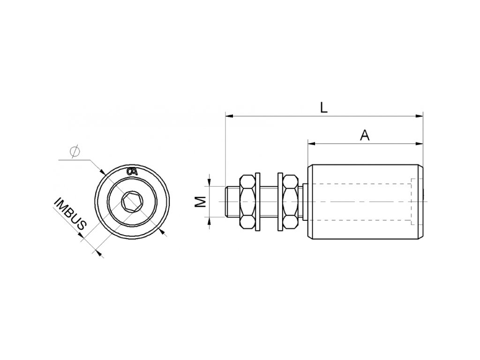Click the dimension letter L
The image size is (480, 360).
point(323,107)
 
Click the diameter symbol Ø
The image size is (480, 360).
point(74,152)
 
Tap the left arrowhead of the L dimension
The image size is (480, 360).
point(228,115)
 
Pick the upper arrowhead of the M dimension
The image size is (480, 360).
point(210,183)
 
